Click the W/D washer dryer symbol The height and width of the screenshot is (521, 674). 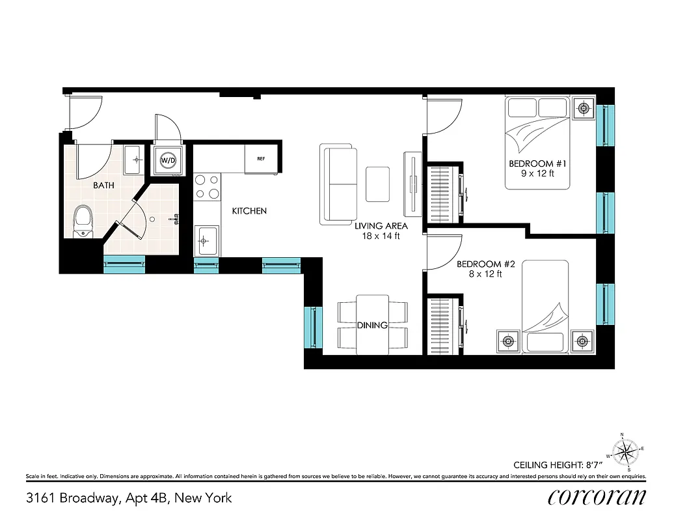tap(168, 160)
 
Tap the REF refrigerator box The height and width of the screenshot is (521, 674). tap(261, 158)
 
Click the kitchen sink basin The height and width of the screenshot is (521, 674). tap(206, 240)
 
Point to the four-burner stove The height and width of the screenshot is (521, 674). tap(206, 186)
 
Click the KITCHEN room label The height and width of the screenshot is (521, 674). tap(249, 211)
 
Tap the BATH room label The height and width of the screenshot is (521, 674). tap(103, 186)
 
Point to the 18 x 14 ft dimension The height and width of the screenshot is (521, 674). tap(381, 236)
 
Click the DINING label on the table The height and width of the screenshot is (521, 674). tap(373, 326)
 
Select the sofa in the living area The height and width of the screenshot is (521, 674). tap(339, 184)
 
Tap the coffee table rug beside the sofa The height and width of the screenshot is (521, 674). tap(378, 184)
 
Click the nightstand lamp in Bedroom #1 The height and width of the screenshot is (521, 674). tap(584, 108)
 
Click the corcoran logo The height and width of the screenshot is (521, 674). tap(597, 497)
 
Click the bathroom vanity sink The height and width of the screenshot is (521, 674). tap(134, 159)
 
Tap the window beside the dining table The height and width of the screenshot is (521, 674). tap(314, 327)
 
